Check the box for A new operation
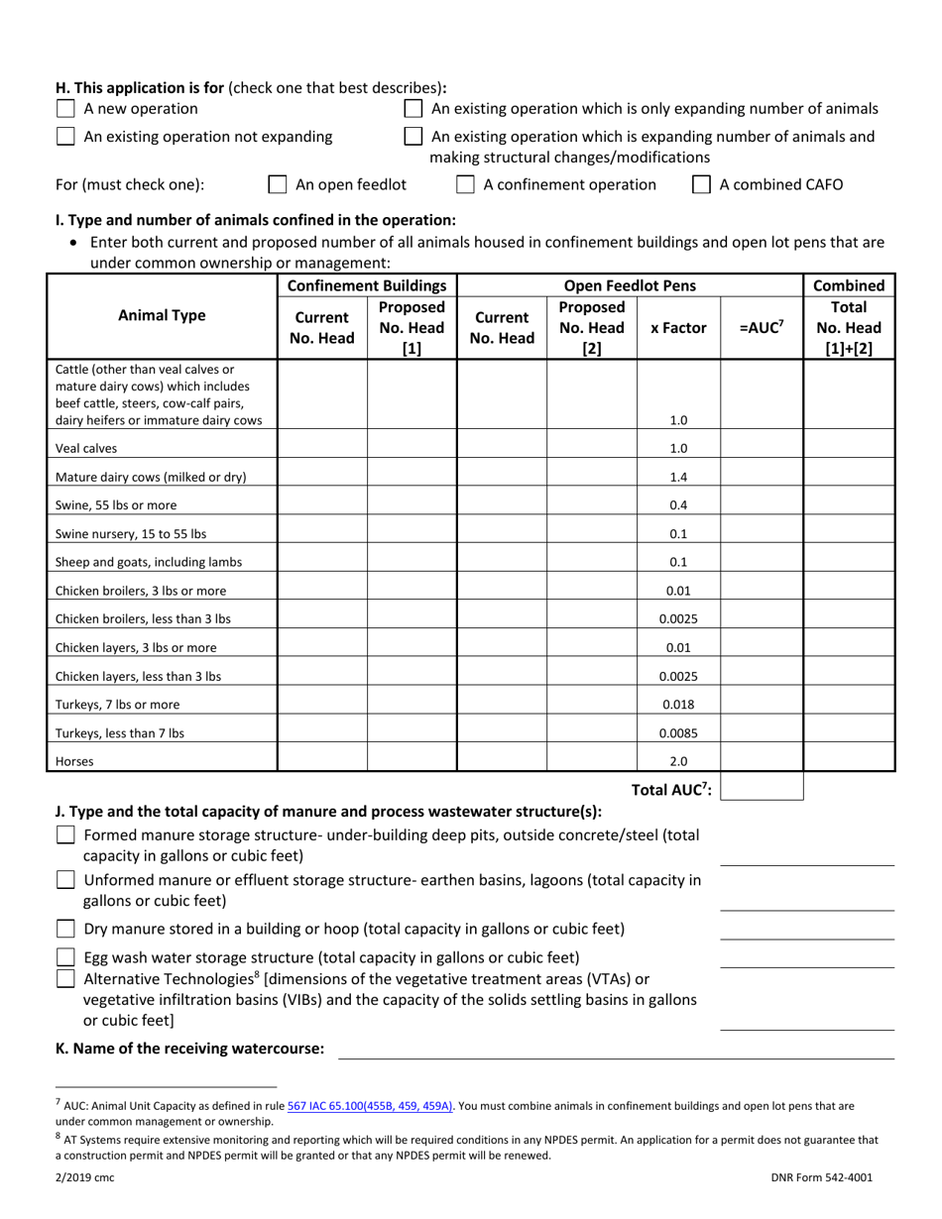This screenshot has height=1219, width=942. (65, 109)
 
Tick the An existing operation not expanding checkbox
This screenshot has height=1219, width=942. (65, 137)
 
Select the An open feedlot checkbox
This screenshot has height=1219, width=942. (279, 184)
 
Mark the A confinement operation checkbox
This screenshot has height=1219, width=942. (465, 184)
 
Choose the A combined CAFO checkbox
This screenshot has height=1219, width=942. (701, 184)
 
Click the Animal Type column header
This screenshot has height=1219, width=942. (163, 316)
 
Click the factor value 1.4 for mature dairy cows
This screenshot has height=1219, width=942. (678, 477)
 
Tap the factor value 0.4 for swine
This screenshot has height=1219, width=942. (678, 505)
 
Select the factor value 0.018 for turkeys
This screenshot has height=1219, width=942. (678, 705)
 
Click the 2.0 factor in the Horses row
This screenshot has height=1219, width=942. (678, 762)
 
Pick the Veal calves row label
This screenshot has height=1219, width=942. (86, 448)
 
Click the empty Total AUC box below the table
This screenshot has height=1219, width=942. (768, 788)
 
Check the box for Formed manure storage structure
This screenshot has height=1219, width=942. (65, 835)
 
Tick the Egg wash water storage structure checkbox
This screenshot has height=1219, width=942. (65, 957)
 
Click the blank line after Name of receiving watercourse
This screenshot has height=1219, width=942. (617, 1050)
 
